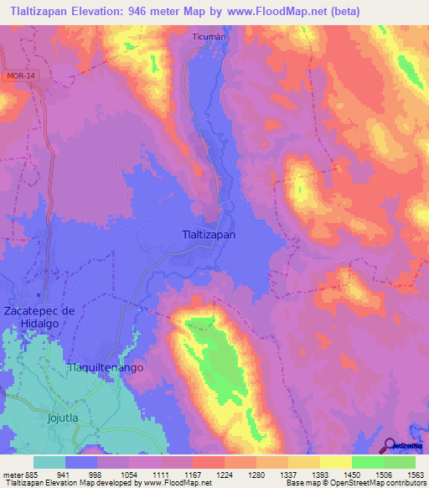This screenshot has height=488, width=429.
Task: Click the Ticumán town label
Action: (x=209, y=39)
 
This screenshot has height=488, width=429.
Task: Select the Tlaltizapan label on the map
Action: (x=209, y=236)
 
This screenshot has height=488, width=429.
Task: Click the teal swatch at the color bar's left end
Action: (x=49, y=461)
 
